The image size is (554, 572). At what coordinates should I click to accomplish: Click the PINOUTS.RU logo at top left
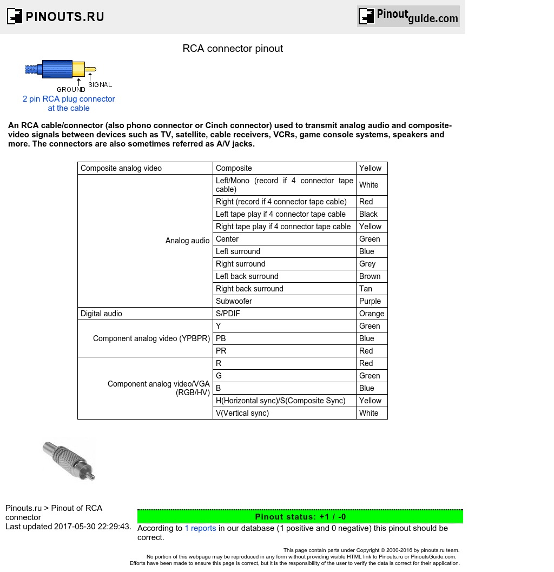pyautogui.click(x=55, y=16)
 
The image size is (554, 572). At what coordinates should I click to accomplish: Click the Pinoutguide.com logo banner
pyautogui.click(x=408, y=16)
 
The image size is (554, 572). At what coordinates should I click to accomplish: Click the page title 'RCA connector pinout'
pyautogui.click(x=233, y=49)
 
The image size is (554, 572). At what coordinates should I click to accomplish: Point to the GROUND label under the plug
pyautogui.click(x=71, y=90)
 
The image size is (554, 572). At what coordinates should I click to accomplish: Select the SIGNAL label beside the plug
pyautogui.click(x=100, y=85)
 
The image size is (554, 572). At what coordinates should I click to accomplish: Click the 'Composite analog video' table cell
pyautogui.click(x=121, y=168)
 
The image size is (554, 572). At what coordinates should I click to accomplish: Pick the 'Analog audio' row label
pyautogui.click(x=187, y=241)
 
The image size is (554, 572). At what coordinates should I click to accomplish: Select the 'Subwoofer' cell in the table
pyautogui.click(x=234, y=301)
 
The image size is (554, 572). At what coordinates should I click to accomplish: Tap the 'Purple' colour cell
pyautogui.click(x=370, y=301)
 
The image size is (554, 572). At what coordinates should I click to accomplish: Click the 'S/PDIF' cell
pyautogui.click(x=228, y=314)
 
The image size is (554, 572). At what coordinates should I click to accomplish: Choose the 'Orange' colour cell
pyautogui.click(x=372, y=314)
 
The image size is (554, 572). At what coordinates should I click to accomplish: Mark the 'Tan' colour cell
pyautogui.click(x=366, y=289)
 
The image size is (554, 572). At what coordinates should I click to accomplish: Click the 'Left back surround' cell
pyautogui.click(x=247, y=276)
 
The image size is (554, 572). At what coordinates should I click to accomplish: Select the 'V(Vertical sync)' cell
pyautogui.click(x=242, y=413)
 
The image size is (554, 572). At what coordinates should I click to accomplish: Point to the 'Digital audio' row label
pyautogui.click(x=101, y=314)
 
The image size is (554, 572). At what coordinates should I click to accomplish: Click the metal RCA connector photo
pyautogui.click(x=69, y=460)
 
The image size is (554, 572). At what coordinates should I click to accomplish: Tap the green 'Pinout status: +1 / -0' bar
pyautogui.click(x=300, y=516)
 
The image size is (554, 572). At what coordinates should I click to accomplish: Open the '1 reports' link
pyautogui.click(x=200, y=528)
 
